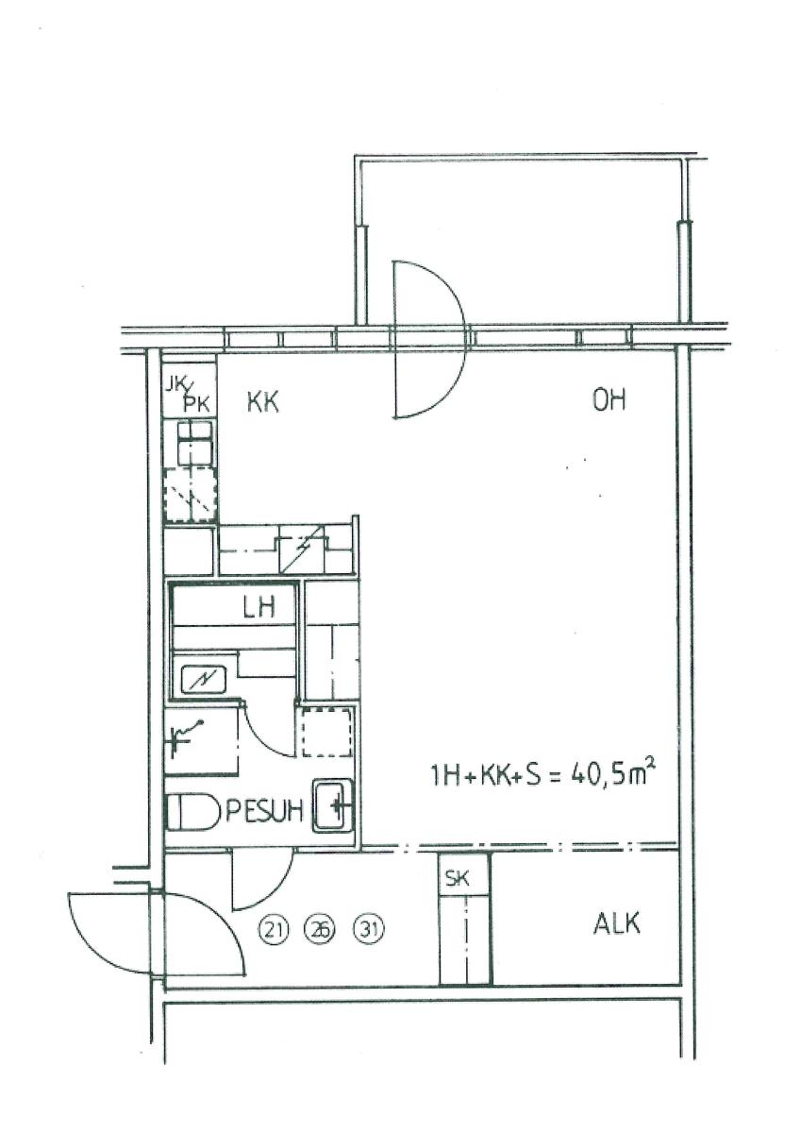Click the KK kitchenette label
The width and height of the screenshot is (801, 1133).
coord(263,403)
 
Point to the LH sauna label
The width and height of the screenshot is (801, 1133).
coord(259,607)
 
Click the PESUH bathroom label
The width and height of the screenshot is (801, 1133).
coord(264,811)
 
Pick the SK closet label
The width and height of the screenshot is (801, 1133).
coord(457,878)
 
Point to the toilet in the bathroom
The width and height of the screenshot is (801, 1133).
coord(192,813)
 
